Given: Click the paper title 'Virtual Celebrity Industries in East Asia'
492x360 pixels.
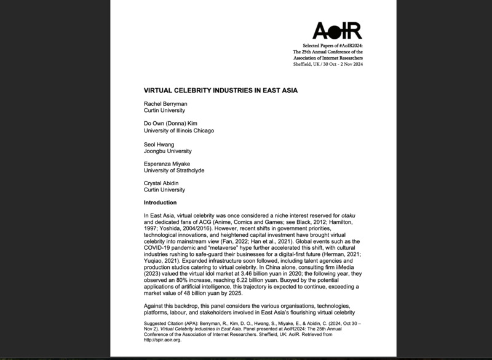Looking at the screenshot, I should click(220, 90).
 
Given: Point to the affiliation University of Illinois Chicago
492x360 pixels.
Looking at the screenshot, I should click(179, 130).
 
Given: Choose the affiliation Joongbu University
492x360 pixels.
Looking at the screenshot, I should click(167, 151).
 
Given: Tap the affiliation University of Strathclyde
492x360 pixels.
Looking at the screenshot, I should click(174, 172).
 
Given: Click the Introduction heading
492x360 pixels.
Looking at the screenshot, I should click(160, 202).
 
